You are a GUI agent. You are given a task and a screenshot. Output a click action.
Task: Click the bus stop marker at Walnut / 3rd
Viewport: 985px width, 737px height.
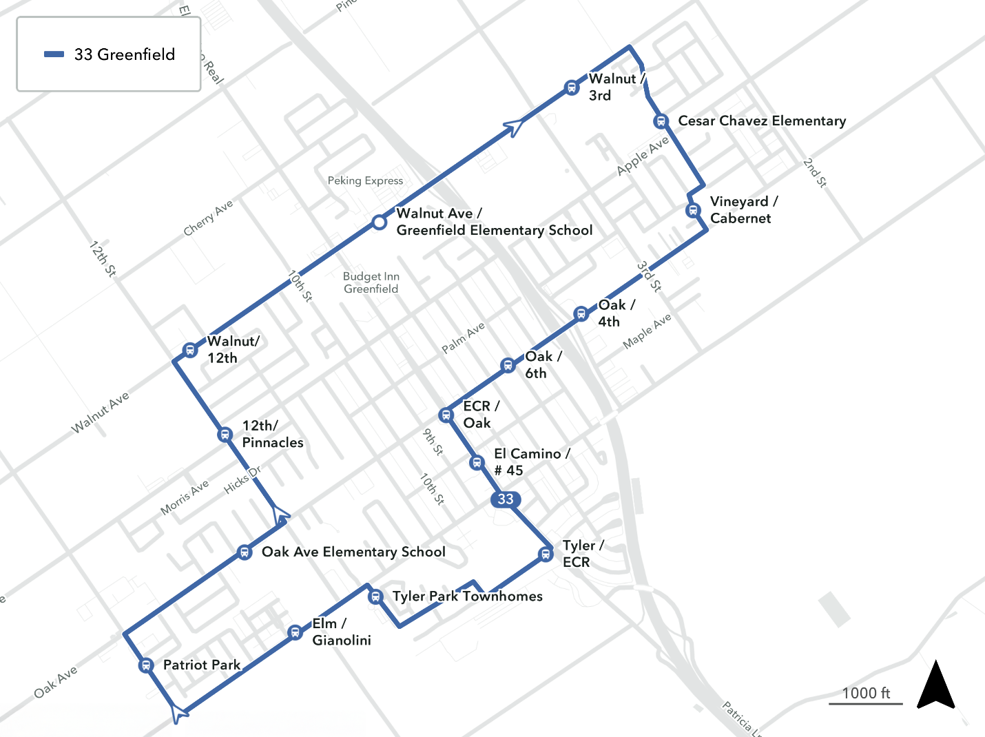(571, 87)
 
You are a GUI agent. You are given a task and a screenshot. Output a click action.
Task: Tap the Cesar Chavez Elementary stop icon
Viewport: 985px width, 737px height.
(661, 121)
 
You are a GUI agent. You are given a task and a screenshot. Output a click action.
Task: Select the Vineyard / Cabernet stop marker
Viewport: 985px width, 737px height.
(694, 210)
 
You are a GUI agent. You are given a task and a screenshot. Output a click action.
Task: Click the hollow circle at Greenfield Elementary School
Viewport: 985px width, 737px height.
(379, 222)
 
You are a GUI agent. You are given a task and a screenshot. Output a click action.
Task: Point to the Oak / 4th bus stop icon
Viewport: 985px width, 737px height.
(581, 314)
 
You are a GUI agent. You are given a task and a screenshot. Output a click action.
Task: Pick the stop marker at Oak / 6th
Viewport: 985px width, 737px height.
(508, 365)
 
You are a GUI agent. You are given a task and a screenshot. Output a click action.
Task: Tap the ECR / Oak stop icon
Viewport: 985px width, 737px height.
(446, 415)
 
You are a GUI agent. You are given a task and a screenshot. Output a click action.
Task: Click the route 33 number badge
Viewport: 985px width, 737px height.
(506, 499)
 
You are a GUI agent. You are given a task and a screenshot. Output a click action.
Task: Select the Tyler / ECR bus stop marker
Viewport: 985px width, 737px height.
(546, 554)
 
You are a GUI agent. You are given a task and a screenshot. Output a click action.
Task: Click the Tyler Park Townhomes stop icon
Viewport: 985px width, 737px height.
(375, 596)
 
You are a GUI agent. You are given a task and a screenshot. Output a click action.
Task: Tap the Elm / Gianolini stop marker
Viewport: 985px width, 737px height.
(295, 632)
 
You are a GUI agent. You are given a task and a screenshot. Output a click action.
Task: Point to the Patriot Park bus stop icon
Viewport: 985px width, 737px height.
(145, 665)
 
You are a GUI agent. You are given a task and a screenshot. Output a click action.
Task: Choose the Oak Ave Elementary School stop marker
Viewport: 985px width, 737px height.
(244, 552)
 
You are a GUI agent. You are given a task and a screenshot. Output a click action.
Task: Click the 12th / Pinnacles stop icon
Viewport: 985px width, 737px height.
(225, 435)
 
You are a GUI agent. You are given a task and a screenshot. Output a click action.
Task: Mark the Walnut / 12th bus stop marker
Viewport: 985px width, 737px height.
(190, 350)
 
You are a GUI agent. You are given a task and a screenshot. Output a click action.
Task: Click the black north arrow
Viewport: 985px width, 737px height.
(935, 685)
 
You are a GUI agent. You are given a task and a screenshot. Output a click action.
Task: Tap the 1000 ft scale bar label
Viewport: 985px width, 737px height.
(866, 693)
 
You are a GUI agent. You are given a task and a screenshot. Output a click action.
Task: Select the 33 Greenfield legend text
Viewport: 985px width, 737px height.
(125, 54)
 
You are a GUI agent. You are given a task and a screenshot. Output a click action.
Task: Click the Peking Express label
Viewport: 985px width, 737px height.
(365, 180)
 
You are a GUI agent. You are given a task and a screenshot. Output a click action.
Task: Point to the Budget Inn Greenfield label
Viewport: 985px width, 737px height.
(371, 282)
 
